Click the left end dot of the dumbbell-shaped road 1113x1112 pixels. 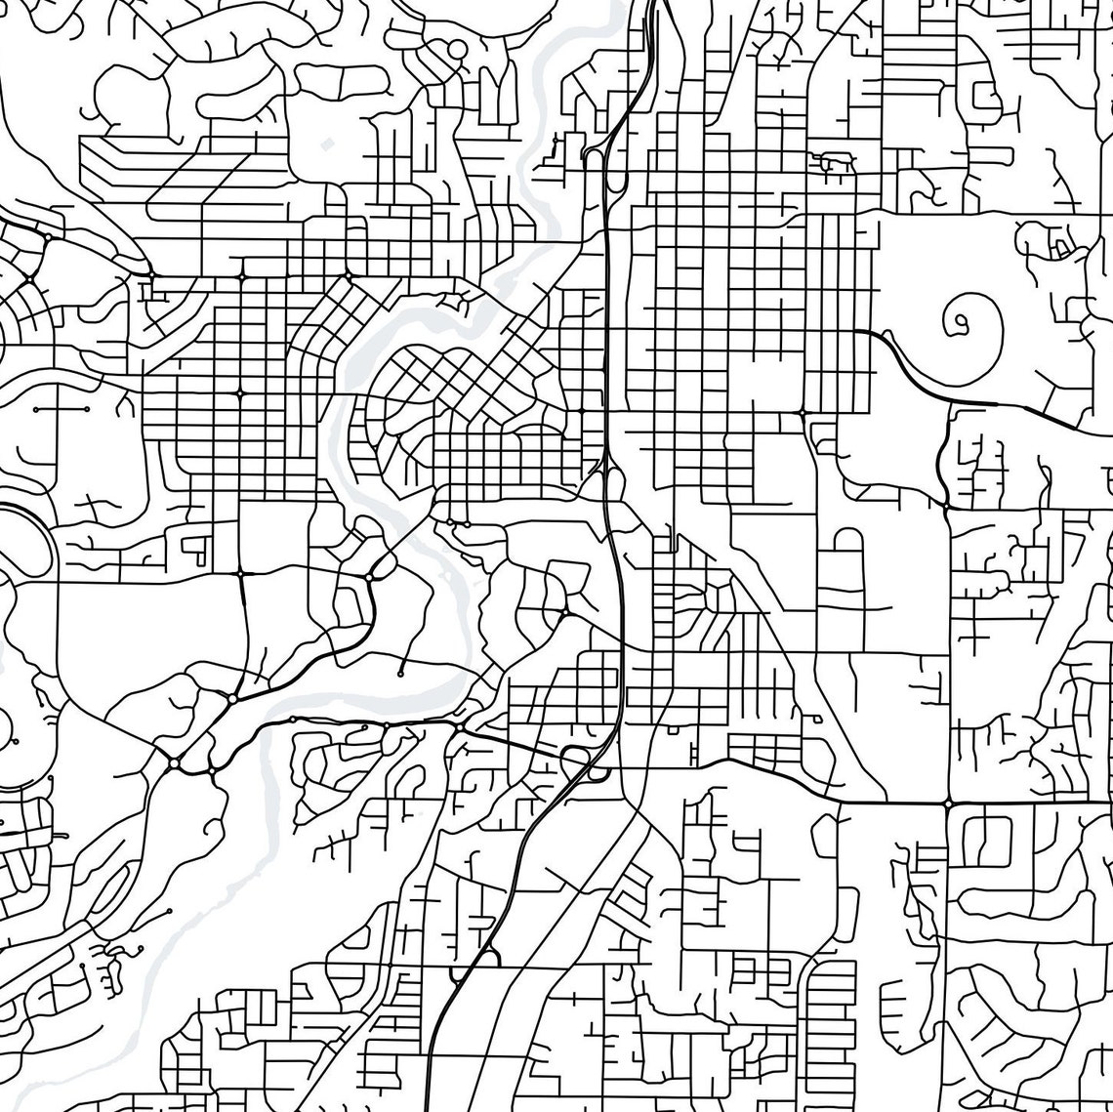pos(36,411)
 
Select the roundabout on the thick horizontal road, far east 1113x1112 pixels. pos(948,803)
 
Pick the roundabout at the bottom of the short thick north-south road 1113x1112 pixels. pos(946,504)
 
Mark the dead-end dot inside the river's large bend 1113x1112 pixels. pos(400,674)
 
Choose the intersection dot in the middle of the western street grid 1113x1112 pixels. pos(239,392)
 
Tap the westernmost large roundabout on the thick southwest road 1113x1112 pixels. pos(173,762)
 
